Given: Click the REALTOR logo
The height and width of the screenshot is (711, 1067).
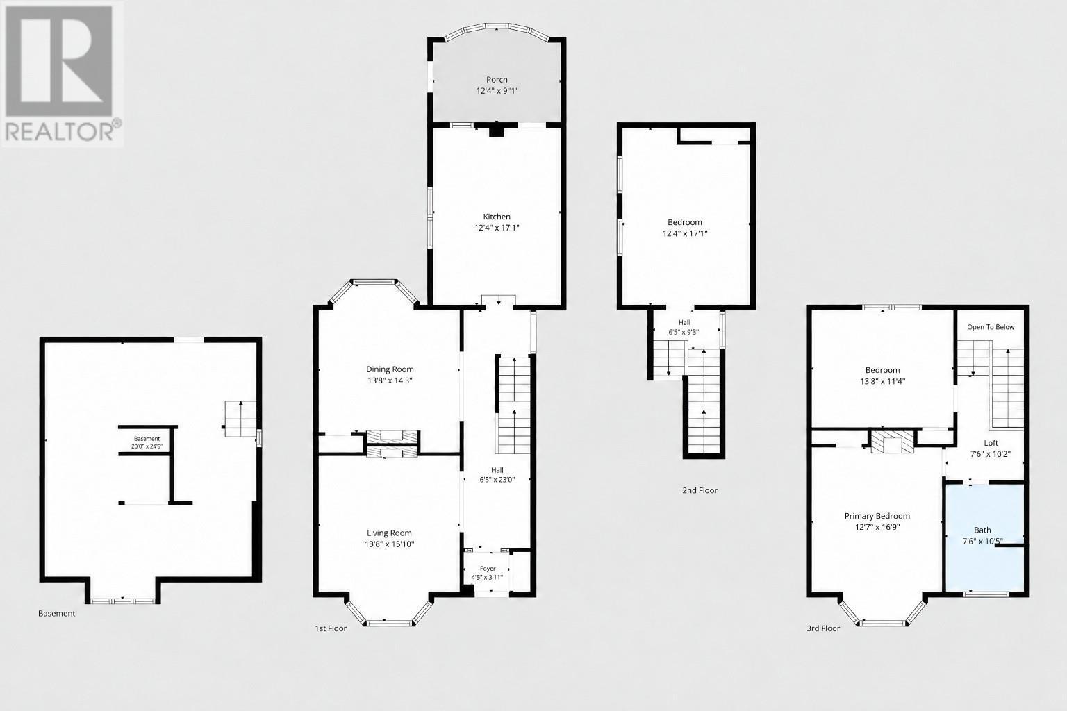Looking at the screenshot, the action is pos(63,74).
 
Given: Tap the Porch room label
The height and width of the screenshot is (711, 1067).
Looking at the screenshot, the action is pos(497,80).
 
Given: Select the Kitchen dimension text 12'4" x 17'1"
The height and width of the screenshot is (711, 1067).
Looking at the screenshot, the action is pos(497,228).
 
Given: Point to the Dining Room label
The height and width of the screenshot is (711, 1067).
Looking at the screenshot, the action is pos(390,369).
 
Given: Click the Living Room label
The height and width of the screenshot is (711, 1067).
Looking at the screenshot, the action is pos(389,533).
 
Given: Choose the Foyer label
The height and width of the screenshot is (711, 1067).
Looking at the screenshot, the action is pos(488,569).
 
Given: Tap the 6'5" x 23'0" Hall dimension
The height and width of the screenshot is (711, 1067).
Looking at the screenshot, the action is pos(497,480).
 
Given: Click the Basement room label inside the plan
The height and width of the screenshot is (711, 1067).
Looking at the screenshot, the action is pos(147,439).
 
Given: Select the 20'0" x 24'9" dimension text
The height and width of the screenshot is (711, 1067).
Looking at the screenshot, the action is pos(147,446).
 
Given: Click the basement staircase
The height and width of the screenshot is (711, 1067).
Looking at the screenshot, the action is pos(240,419).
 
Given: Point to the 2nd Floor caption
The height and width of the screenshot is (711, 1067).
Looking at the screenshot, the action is pos(700,490).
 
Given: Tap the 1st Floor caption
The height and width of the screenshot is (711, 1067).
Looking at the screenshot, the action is pos(331,628).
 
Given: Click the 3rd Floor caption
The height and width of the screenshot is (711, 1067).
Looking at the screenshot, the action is pos(823,628).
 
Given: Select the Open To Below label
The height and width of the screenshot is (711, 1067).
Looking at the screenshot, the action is pos(991,327).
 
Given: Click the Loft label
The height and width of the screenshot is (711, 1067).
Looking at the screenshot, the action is pos(991,442).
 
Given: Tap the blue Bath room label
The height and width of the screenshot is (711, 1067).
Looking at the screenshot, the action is pos(982,530).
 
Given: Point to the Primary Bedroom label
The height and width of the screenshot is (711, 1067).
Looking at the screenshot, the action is pos(877,516).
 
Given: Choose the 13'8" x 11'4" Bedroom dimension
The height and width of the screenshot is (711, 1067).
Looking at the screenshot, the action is pos(883,381).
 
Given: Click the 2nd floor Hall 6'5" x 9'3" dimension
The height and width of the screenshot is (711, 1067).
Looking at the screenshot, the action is pos(684,332).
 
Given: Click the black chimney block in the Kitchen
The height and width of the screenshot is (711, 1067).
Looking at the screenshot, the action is pos(497,130).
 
